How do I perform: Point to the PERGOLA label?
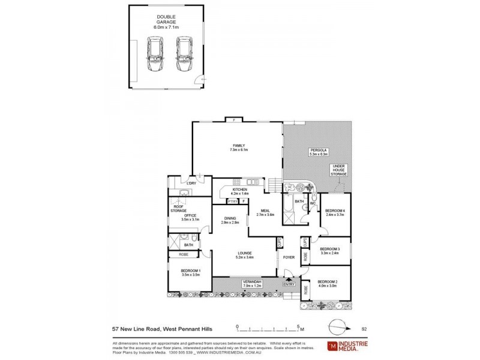[319, 151]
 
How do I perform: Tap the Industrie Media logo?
[346, 346]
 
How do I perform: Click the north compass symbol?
[338, 327]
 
